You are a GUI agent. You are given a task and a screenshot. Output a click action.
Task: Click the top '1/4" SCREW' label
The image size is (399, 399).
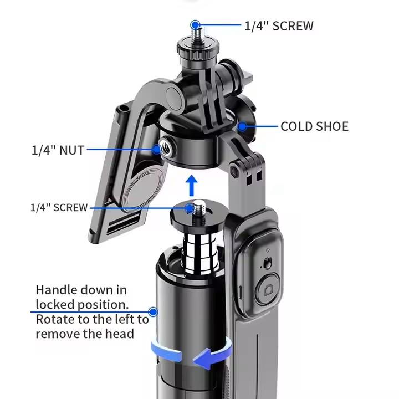(279, 26)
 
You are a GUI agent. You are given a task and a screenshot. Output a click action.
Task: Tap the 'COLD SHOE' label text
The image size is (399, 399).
(315, 126)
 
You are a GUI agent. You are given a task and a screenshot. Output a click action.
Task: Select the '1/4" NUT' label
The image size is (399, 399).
(58, 150)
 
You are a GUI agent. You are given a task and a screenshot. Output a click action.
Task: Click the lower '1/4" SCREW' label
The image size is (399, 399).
(59, 208)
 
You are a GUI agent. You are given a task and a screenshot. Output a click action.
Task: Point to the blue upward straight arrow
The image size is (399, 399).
(191, 186)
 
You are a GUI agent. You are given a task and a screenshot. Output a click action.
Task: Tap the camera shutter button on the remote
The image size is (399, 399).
(268, 289)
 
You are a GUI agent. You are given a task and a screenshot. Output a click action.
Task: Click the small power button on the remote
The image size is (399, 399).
(268, 263)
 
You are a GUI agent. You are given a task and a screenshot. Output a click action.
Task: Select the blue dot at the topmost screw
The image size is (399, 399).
(195, 25)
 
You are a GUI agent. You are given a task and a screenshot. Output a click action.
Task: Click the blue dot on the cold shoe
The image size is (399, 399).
(242, 126)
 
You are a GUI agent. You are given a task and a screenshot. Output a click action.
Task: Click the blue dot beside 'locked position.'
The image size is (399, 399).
(153, 311)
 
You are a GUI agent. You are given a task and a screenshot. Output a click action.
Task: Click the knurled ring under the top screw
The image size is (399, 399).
(198, 50)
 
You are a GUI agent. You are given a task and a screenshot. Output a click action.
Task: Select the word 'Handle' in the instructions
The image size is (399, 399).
(56, 290)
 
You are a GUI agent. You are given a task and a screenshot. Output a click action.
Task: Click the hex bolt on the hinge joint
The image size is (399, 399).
(234, 170)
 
